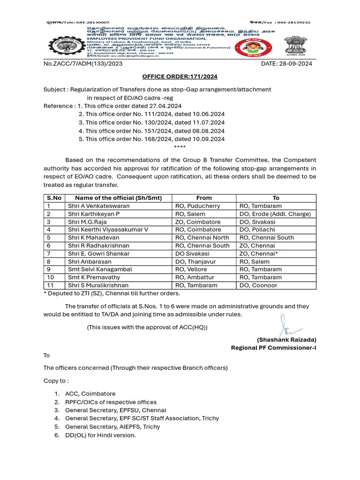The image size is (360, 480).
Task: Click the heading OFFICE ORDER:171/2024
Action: tap(180, 76)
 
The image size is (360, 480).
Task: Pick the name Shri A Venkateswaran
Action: tap(99, 206)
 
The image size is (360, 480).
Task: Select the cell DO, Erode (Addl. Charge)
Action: tap(275, 214)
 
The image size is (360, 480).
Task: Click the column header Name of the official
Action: tap(118, 198)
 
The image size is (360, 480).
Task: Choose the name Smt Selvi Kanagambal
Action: tap(100, 270)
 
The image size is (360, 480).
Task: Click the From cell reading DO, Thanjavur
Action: tap(197, 262)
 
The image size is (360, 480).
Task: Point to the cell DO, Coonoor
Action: tap(258, 285)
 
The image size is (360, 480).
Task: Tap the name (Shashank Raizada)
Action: tap(286, 339)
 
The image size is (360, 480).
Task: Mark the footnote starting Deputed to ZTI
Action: tap(112, 294)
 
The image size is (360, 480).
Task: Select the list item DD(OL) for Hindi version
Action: tap(100, 435)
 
